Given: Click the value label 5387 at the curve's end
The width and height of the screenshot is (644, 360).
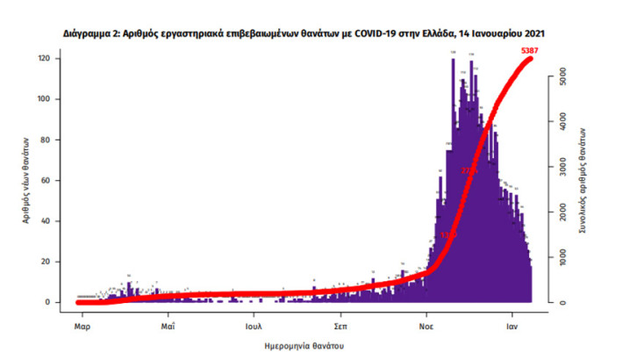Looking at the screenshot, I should point(529,52).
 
